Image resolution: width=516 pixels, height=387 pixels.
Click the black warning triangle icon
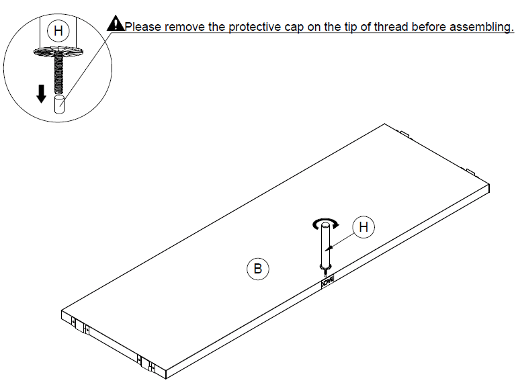[x=116, y=24]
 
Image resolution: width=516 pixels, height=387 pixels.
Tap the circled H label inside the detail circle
[x=58, y=31]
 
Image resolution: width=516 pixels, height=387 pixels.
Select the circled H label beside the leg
[x=363, y=226]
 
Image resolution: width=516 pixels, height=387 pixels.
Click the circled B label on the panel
[x=258, y=269]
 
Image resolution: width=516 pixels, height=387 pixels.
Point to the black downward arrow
[x=41, y=94]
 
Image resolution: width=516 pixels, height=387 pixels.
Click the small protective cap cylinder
[x=59, y=104]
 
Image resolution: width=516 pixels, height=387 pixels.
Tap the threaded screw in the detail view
[x=58, y=73]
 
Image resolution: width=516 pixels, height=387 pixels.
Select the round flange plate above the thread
[x=58, y=51]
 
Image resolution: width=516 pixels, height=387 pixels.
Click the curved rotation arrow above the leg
[x=325, y=223]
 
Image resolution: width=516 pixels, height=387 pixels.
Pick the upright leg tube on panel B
[x=325, y=246]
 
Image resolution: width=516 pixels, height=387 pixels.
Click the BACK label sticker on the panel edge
[x=328, y=282]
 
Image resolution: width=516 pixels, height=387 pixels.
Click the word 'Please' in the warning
[x=143, y=27]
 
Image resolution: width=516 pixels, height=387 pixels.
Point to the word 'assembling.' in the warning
[x=482, y=28]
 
